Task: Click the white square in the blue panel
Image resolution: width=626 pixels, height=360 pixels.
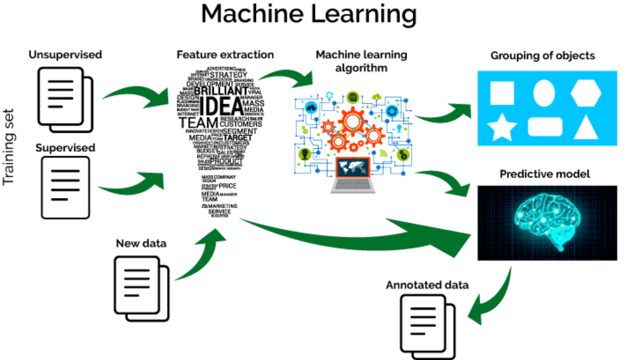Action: (502, 93)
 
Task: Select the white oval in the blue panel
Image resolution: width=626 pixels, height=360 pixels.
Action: (544, 93)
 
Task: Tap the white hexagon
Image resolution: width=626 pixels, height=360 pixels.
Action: (586, 93)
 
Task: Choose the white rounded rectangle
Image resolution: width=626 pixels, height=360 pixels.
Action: (545, 127)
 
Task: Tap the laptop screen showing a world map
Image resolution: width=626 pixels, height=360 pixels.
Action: (353, 167)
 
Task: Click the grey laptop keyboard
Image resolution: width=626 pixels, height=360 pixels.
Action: (353, 186)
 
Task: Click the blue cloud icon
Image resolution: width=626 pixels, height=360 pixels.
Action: (311, 108)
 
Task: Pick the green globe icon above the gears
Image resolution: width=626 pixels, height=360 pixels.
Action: (352, 97)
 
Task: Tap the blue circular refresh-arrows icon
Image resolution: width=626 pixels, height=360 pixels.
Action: (392, 111)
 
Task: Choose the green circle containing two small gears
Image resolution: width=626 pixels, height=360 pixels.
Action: (403, 155)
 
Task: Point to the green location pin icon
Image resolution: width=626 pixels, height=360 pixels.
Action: (305, 153)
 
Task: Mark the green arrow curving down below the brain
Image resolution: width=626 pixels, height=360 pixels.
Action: (492, 299)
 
